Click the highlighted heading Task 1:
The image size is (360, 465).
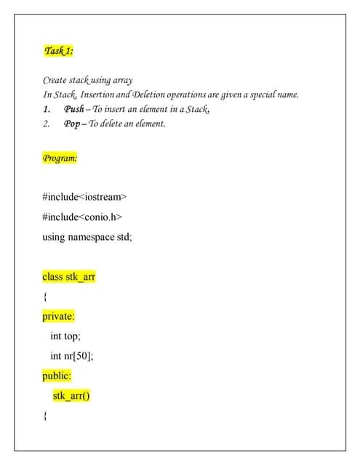tap(58, 51)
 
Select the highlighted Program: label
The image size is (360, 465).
tap(60, 157)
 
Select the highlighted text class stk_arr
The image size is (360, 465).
tap(69, 277)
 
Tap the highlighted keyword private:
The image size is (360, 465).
tap(58, 317)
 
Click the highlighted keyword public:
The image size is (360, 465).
tap(57, 376)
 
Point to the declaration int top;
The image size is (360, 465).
tap(65, 336)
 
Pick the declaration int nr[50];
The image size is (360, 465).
tap(71, 356)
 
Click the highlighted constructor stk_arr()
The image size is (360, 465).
tap(71, 396)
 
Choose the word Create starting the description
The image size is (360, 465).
tap(55, 80)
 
